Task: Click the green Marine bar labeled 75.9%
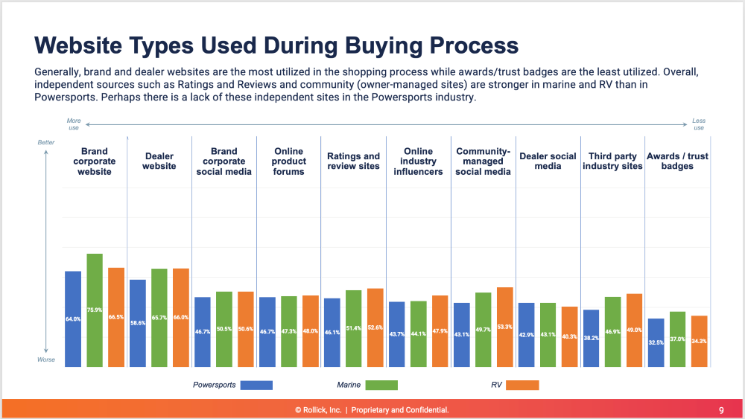click(95, 310)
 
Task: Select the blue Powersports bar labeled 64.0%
click(73, 319)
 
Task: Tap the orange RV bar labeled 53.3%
click(504, 327)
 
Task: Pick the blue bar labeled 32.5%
click(656, 342)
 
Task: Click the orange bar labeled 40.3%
click(569, 336)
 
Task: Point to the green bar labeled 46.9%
click(612, 332)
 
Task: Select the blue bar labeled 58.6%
click(138, 323)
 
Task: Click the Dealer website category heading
click(159, 161)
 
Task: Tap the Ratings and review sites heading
click(353, 161)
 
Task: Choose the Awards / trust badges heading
click(676, 161)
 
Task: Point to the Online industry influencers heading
click(418, 161)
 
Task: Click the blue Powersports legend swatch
click(252, 386)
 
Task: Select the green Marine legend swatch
click(377, 386)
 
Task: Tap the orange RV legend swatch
click(517, 386)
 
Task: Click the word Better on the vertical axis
click(46, 142)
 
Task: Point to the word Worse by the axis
click(46, 359)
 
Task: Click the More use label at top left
click(74, 124)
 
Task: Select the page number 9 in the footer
click(720, 410)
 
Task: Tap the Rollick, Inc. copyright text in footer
click(320, 410)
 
